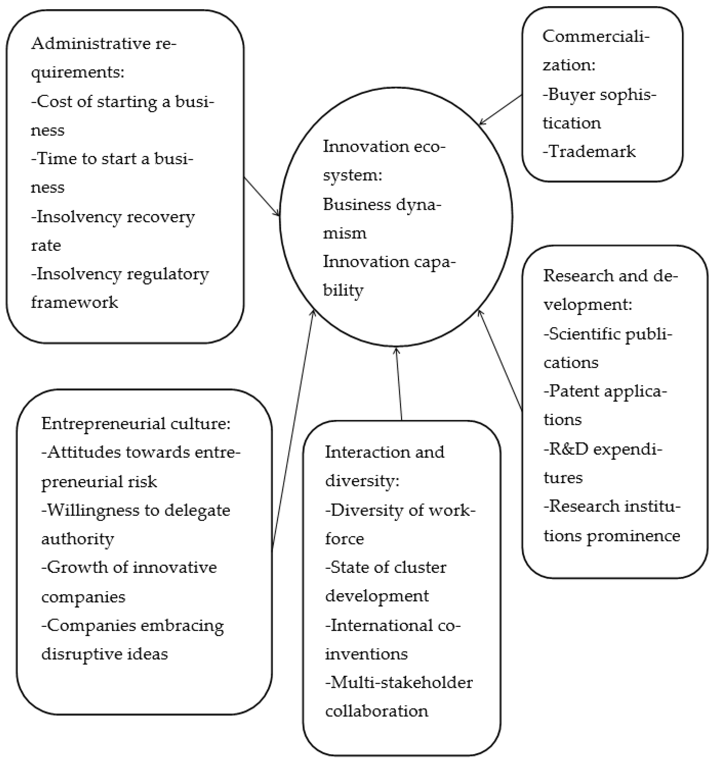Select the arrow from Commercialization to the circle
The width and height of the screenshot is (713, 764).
[501, 110]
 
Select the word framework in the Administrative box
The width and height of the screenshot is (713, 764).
[74, 303]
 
